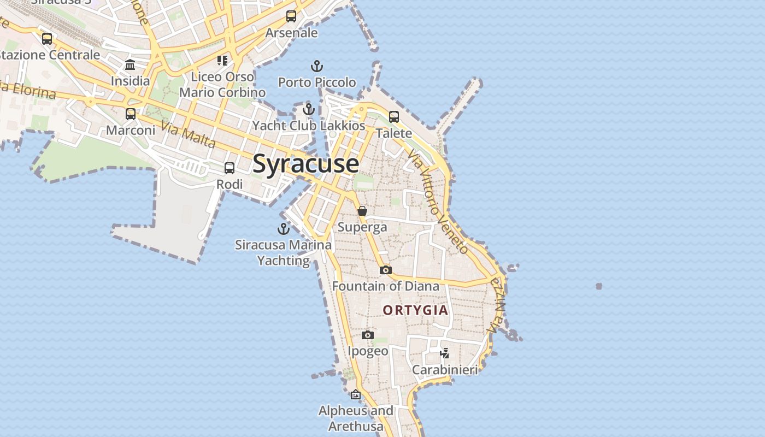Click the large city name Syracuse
click(306, 164)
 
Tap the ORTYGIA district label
click(415, 310)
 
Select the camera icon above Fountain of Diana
click(386, 270)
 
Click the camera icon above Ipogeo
click(368, 335)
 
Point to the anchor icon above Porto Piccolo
click(317, 67)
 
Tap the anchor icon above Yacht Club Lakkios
click(309, 109)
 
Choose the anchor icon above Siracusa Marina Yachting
click(283, 229)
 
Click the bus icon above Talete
click(394, 116)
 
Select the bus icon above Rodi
click(229, 168)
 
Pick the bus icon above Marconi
click(131, 114)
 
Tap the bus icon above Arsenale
click(291, 16)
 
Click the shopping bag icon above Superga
click(362, 211)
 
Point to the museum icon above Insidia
click(130, 65)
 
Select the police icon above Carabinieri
click(445, 353)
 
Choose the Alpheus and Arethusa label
click(356, 418)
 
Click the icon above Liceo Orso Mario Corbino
click(222, 60)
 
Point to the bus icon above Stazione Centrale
click(47, 39)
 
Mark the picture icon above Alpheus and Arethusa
click(356, 394)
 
